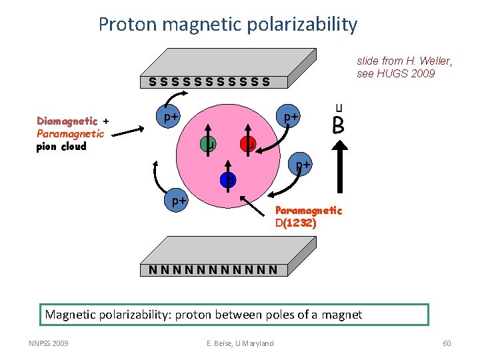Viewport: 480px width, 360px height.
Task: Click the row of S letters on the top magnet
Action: [209, 82]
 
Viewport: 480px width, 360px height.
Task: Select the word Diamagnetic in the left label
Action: [67, 121]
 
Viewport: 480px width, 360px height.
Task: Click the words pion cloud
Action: [61, 147]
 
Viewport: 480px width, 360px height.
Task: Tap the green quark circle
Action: [209, 143]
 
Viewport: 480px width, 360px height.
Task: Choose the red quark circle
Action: [248, 143]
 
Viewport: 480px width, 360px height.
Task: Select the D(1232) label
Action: [295, 223]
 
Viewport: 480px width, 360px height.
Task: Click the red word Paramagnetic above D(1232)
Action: [308, 211]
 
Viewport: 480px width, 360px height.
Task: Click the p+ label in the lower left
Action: [177, 199]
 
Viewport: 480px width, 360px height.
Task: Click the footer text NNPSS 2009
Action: [48, 343]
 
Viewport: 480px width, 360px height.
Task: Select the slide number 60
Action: [446, 343]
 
